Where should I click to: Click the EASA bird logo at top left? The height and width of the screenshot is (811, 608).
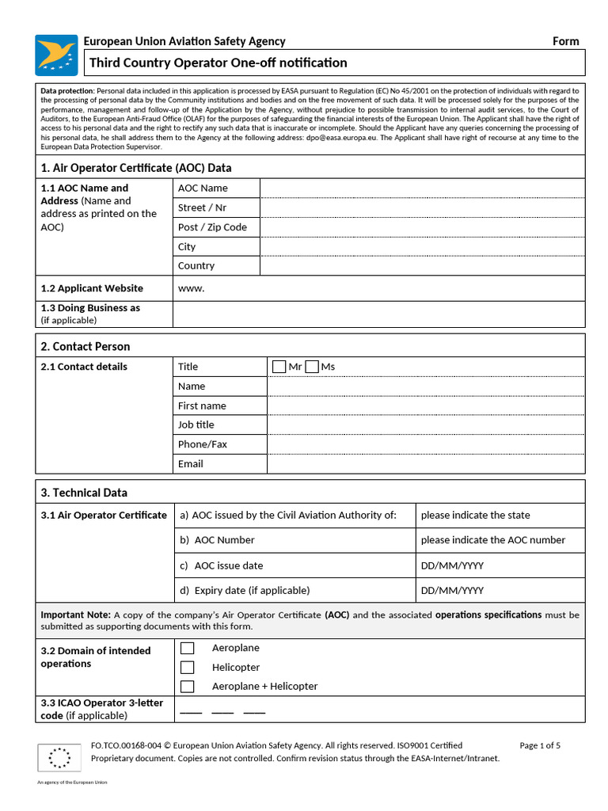(x=56, y=55)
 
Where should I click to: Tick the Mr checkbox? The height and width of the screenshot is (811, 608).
(x=279, y=367)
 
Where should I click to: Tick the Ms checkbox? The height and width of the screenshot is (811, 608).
(x=312, y=367)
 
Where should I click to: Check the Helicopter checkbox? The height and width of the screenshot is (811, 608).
(x=188, y=668)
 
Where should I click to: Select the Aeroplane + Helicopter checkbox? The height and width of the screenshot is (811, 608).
(x=188, y=687)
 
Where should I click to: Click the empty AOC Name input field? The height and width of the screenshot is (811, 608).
(x=422, y=188)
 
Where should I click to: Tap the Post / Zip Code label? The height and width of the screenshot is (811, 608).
(x=212, y=227)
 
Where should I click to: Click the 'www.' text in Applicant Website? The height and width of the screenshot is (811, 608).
(x=191, y=288)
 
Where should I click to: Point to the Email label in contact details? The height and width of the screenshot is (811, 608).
(x=190, y=464)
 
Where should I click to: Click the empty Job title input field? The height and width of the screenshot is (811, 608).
(x=425, y=425)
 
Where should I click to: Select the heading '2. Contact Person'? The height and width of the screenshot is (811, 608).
(x=85, y=347)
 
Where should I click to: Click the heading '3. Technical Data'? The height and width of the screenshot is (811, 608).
(x=83, y=493)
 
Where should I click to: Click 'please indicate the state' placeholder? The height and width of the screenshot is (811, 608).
(x=475, y=516)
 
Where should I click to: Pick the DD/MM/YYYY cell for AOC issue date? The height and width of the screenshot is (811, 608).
(x=452, y=566)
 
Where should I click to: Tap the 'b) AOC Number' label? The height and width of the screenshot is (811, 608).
(x=218, y=540)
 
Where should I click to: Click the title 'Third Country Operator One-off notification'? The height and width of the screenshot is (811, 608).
(x=218, y=63)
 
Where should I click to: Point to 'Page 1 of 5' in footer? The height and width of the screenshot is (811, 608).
(x=540, y=745)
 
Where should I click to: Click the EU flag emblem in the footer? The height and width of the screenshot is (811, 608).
(x=59, y=758)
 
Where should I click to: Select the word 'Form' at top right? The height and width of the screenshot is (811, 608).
(x=565, y=41)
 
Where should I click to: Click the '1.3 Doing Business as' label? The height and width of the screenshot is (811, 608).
(x=90, y=308)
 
